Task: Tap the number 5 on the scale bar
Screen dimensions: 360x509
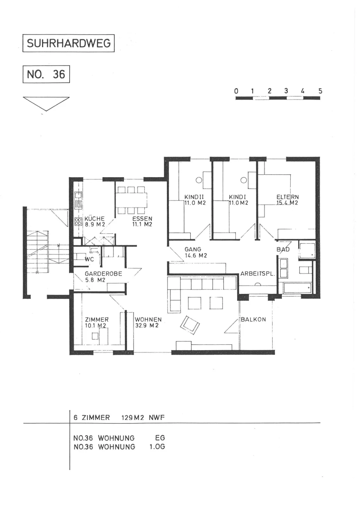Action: (320, 91)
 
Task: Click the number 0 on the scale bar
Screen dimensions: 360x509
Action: (236, 91)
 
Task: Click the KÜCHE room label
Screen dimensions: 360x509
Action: (95, 219)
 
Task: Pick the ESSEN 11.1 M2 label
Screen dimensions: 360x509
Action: (142, 221)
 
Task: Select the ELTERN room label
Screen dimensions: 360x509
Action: (287, 197)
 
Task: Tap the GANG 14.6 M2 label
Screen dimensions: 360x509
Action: (196, 253)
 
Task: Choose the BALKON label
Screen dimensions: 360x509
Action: (253, 319)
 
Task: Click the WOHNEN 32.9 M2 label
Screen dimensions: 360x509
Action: (148, 323)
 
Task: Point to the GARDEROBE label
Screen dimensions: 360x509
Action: (103, 274)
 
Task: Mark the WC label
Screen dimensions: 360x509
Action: (89, 259)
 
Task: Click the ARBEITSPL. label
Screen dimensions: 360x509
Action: (258, 274)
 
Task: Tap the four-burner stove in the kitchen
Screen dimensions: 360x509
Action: (78, 221)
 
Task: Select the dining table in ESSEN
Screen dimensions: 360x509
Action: (131, 200)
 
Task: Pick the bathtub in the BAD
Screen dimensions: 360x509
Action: (297, 288)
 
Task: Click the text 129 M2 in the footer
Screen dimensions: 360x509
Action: (133, 418)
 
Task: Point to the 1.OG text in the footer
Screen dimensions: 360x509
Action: (157, 447)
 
